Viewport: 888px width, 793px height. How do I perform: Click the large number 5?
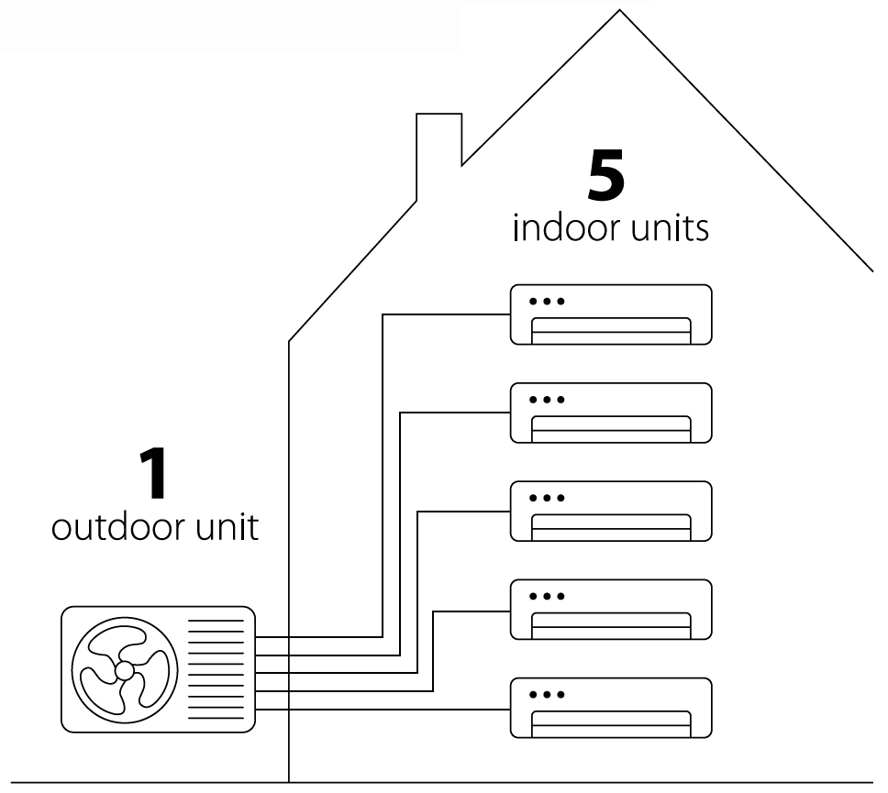coord(606,176)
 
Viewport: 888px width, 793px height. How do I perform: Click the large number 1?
coord(154,473)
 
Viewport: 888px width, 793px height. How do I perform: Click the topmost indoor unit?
coord(611,314)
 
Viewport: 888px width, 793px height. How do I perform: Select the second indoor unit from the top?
coord(611,413)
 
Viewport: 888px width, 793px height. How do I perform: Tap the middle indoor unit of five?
coord(611,511)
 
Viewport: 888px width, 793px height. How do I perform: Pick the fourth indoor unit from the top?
coord(611,609)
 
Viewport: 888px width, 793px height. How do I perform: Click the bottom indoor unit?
coord(611,707)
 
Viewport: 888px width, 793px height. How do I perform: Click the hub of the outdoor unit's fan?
coord(124,670)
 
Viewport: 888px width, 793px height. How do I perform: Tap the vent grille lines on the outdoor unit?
coord(216,668)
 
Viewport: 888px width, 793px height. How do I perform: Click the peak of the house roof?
coord(620,12)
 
